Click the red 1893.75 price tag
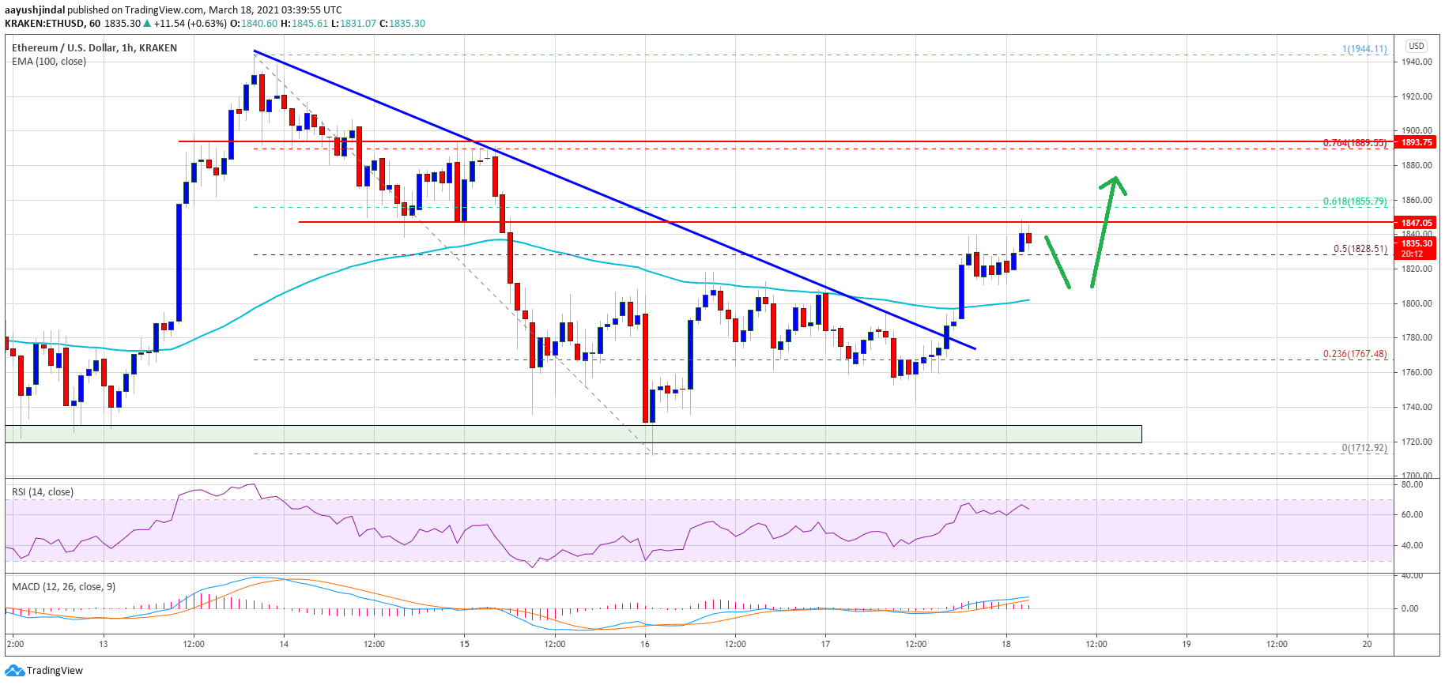[x=1416, y=142]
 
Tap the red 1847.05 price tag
[x=1416, y=223]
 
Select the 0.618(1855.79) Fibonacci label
[x=1354, y=201]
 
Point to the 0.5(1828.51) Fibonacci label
[x=1360, y=249]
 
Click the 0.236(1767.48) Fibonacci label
[x=1354, y=354]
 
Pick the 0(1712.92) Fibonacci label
[x=1364, y=448]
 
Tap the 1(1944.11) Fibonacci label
[x=1364, y=49]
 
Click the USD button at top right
[x=1416, y=46]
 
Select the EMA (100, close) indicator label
[x=49, y=62]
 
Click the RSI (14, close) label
[x=43, y=491]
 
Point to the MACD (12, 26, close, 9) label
[x=63, y=586]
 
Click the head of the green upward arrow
[x=1114, y=182]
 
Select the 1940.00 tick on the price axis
[x=1417, y=62]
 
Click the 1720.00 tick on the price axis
[x=1417, y=442]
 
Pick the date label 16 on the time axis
[x=645, y=644]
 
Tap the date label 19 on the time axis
[x=1186, y=644]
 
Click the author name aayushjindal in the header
[x=35, y=10]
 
